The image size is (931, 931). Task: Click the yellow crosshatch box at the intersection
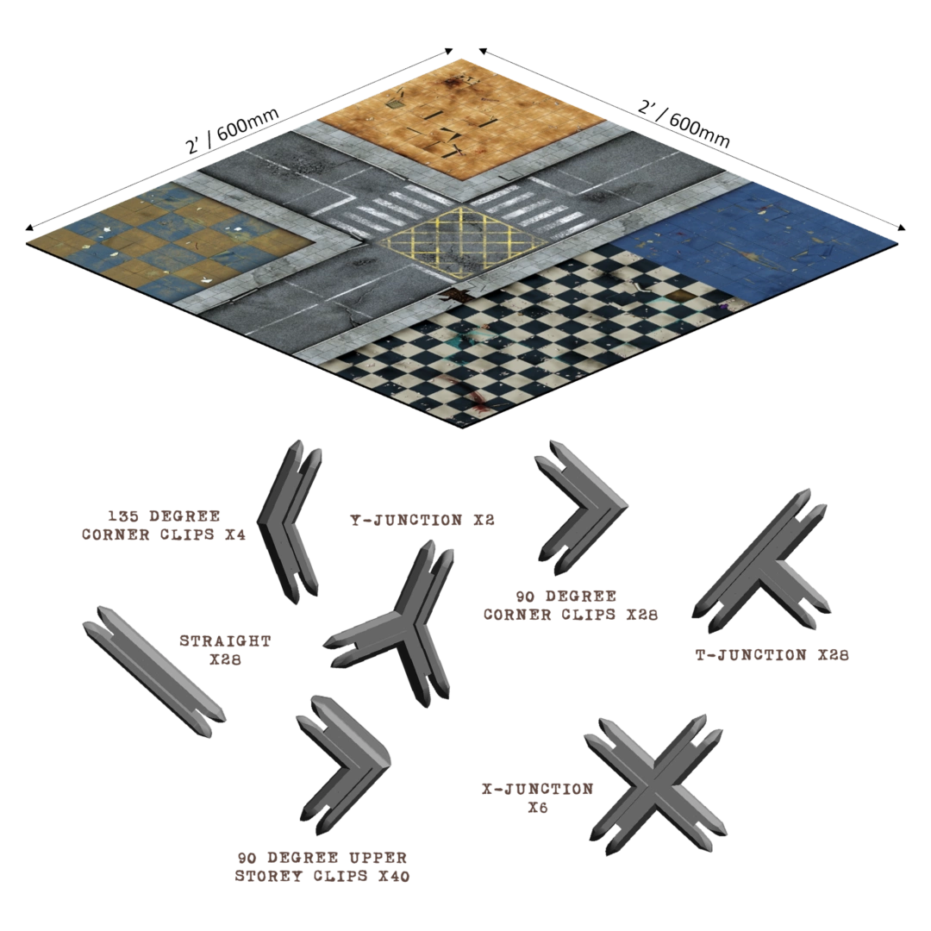[463, 242]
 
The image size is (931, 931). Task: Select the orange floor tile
[462, 117]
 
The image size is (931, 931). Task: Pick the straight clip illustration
[154, 672]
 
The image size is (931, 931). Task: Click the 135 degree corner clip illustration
[290, 522]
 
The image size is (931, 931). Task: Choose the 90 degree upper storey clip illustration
[343, 765]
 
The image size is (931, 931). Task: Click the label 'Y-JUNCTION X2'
[422, 520]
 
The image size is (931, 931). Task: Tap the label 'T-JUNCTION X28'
[772, 655]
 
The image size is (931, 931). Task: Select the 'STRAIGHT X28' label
[225, 650]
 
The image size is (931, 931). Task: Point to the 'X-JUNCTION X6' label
[537, 798]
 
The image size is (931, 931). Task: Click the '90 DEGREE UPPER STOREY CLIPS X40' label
[322, 867]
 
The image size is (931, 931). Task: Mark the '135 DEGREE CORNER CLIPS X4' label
[163, 525]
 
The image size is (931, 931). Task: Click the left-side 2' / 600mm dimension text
[232, 130]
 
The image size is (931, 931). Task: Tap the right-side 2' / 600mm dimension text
[684, 123]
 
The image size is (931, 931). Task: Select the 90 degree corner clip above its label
[581, 508]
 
